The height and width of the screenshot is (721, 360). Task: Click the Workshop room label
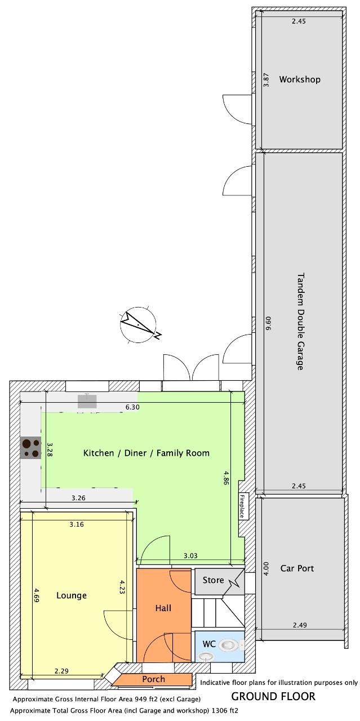(300, 79)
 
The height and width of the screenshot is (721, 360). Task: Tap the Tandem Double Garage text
(300, 322)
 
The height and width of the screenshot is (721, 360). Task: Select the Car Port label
(297, 568)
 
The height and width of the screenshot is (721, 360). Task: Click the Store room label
(213, 580)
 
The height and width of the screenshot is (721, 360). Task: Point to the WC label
(209, 644)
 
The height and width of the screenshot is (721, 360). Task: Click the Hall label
(163, 608)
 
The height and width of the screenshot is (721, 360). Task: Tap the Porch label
(154, 679)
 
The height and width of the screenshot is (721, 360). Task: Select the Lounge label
(72, 596)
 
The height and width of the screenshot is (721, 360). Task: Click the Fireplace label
(242, 506)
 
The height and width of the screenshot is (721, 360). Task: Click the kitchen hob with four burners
(30, 448)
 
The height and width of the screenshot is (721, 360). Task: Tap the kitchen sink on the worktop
(87, 401)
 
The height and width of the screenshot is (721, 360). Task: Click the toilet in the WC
(229, 645)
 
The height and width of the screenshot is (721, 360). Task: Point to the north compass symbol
(139, 324)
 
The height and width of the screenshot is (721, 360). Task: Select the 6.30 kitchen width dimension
(132, 407)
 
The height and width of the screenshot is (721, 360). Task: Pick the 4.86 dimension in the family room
(226, 478)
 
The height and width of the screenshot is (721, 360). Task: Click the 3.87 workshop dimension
(266, 80)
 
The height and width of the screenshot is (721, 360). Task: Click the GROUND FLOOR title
(273, 696)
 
